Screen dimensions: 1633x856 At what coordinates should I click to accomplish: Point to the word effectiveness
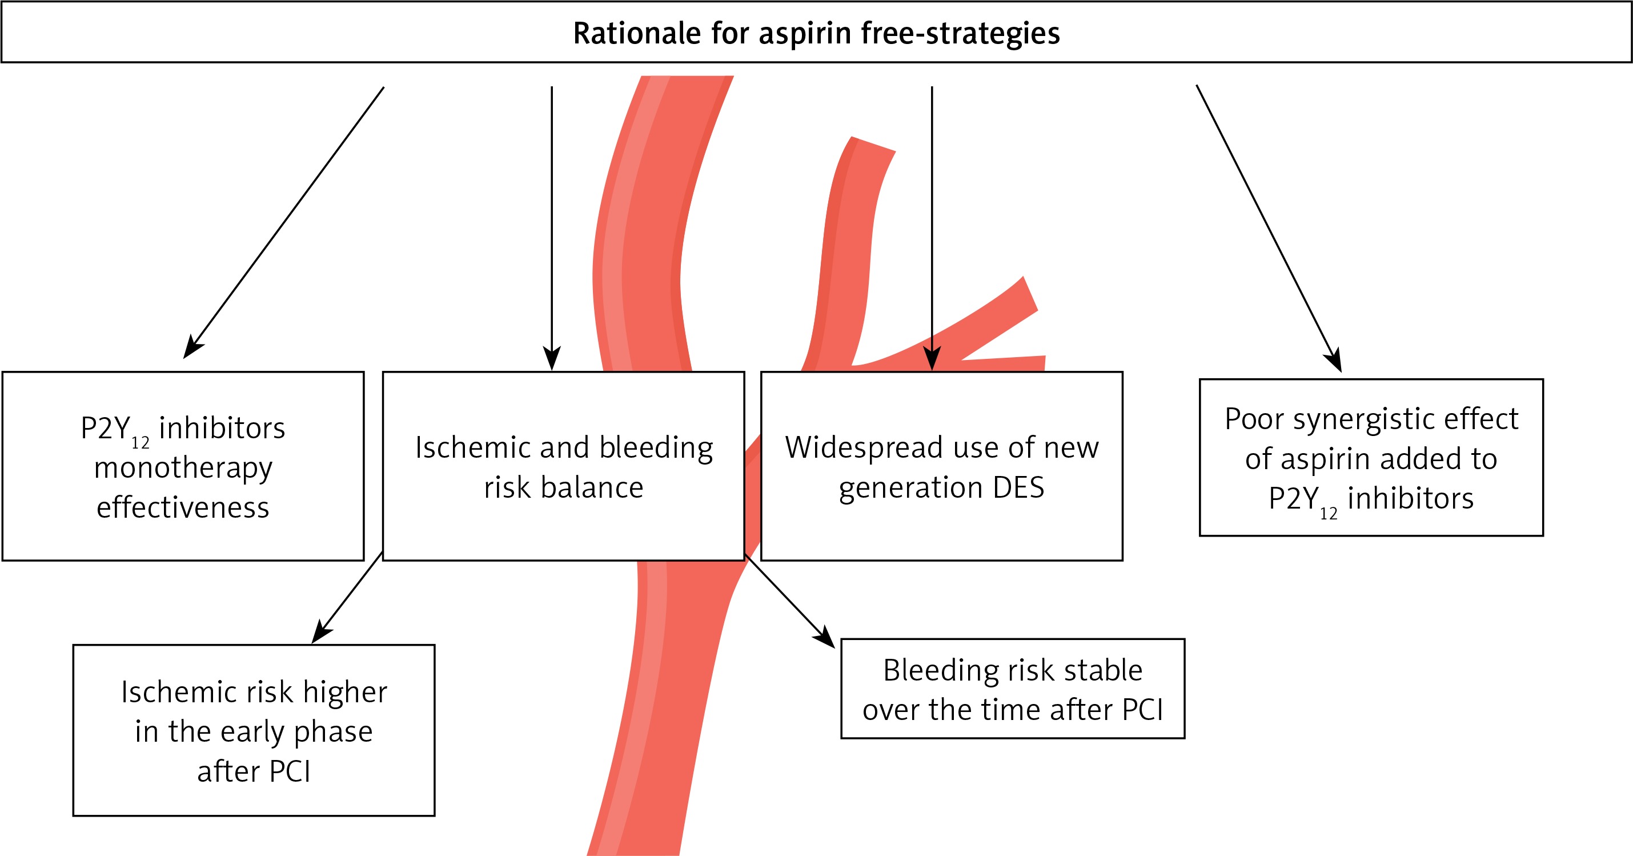[183, 507]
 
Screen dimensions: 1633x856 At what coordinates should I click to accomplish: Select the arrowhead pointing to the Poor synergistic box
[1334, 360]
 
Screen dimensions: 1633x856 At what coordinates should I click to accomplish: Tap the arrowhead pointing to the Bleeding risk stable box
[825, 637]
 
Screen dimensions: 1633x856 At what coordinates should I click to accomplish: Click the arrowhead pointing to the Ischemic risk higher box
[322, 632]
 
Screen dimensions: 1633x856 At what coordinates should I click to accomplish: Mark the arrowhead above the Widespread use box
[932, 359]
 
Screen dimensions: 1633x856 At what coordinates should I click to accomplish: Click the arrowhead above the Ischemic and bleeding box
[552, 359]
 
